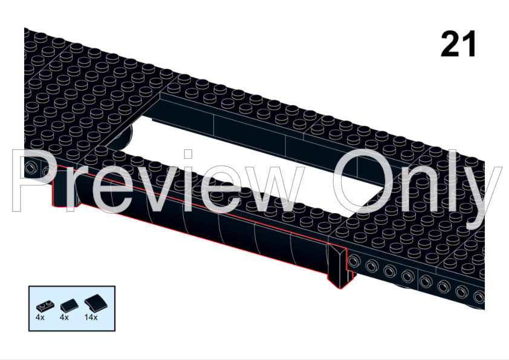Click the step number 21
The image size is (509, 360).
(x=459, y=44)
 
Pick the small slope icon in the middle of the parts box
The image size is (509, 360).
(x=68, y=304)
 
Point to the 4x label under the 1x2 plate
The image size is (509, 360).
(x=40, y=317)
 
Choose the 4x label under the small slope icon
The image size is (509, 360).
(x=64, y=317)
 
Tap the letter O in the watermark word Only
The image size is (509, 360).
(x=359, y=181)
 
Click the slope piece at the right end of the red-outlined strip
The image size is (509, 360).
(x=340, y=266)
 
